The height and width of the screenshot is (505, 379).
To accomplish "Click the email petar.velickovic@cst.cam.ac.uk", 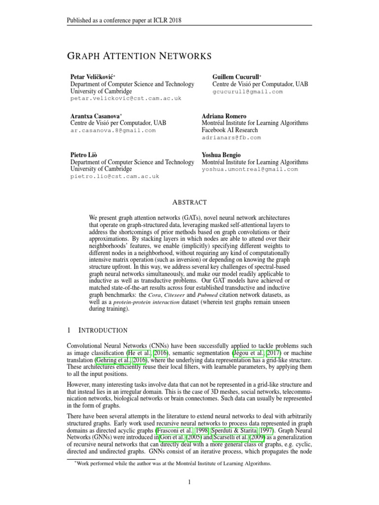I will (126, 98).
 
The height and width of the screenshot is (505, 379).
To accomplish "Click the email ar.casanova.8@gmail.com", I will (113, 130).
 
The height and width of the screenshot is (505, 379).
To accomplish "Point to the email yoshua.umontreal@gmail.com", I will (250, 169).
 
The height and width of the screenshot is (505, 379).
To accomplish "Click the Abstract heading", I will (189, 202).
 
